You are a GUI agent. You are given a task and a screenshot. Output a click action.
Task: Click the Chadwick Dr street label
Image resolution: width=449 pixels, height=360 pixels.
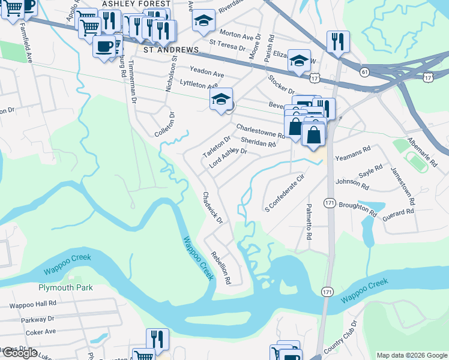(x=212, y=207)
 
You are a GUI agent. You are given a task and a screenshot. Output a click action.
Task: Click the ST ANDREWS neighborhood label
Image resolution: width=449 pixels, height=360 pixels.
(x=170, y=49)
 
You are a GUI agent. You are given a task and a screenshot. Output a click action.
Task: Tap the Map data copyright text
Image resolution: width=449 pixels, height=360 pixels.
(x=411, y=355)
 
